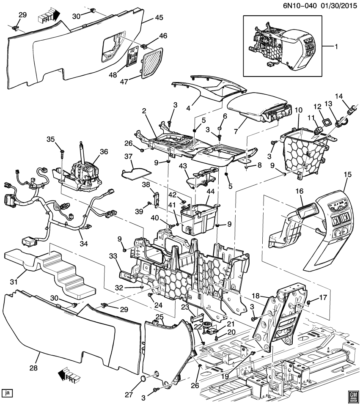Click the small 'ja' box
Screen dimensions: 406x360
7,393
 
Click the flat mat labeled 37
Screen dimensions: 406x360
138,171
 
